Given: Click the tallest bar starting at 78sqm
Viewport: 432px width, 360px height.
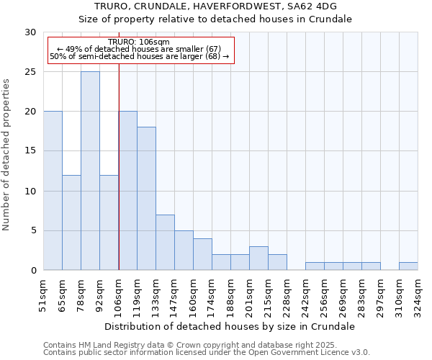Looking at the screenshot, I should click(90, 171).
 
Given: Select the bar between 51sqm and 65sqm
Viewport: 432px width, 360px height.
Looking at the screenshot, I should click(53, 191).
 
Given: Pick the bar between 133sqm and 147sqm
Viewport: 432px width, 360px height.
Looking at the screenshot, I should click(165, 242).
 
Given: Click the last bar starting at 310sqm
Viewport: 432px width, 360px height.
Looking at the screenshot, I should click(408, 266).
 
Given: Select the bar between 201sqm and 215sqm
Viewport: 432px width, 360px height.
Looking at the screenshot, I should click(258, 258).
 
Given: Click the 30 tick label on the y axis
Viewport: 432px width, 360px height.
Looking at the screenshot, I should click(30, 32).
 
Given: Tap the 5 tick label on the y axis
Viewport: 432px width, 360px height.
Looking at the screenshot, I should click(33, 230).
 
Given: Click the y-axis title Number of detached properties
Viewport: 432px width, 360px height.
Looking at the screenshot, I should click(7, 151).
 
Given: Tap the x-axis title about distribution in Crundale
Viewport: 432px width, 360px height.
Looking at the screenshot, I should click(230, 326).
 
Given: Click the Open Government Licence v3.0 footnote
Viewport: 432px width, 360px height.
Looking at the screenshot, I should click(207, 353).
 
